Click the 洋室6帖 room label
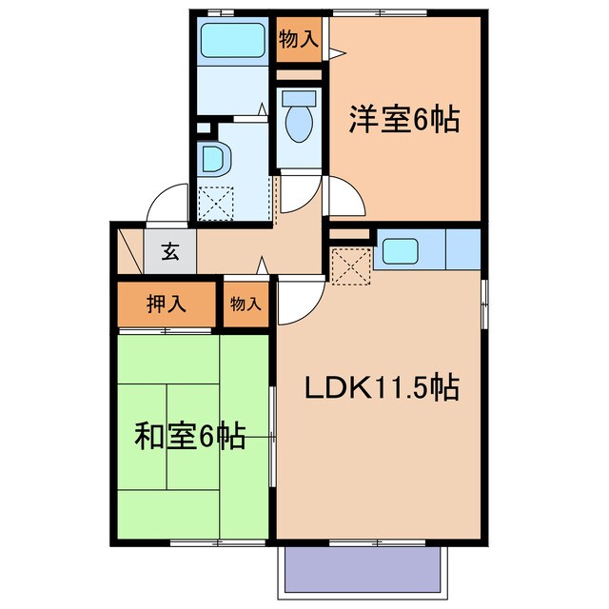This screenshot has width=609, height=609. [x=404, y=121]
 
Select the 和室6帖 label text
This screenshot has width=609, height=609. [x=189, y=437]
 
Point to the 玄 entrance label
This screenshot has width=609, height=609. [x=170, y=253]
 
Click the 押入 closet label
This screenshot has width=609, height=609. [x=166, y=304]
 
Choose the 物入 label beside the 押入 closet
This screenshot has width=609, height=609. [x=246, y=304]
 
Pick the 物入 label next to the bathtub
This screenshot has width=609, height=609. [x=298, y=39]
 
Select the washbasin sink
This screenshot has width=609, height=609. [x=213, y=159]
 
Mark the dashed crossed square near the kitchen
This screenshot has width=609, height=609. [x=349, y=265]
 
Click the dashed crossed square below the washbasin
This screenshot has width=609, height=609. [x=215, y=203]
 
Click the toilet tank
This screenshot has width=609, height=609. [x=299, y=97]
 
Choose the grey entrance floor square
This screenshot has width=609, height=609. [x=170, y=253]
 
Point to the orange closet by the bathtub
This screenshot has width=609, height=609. [x=298, y=40]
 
